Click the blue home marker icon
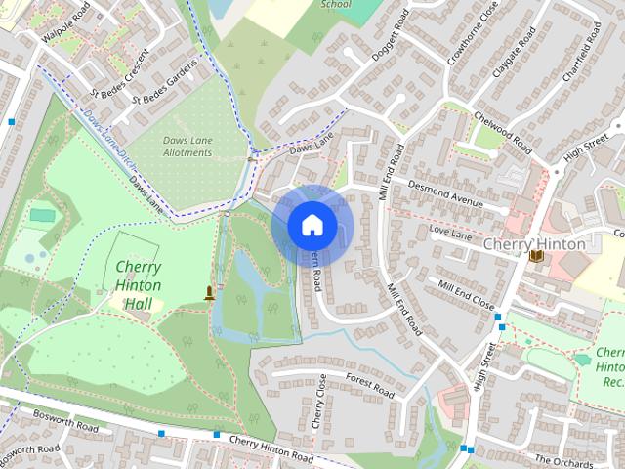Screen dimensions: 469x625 click(x=312, y=226)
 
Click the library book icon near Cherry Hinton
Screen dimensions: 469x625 click(x=536, y=257)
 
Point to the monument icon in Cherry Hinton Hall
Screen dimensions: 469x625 click(x=209, y=292)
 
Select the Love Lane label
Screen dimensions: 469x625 click(x=451, y=234)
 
